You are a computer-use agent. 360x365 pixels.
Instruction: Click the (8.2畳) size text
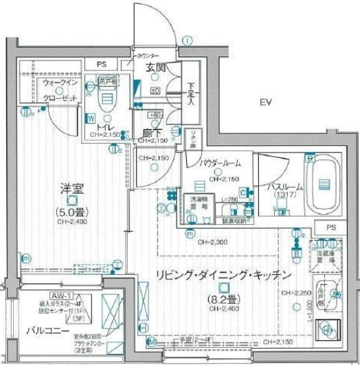223,298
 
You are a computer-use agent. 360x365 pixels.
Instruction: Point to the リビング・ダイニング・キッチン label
224,275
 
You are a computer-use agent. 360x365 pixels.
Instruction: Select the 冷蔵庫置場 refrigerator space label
328,253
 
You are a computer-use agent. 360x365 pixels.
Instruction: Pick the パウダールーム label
221,163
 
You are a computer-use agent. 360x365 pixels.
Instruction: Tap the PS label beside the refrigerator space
333,227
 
